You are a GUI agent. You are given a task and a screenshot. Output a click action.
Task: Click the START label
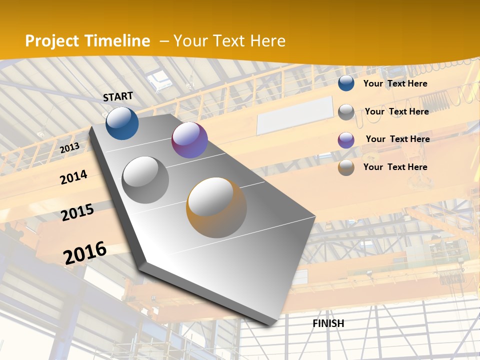pyautogui.click(x=118, y=96)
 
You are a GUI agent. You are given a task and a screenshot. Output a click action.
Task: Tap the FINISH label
pyautogui.click(x=328, y=323)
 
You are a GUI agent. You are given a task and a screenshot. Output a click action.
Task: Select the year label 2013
pyautogui.click(x=69, y=147)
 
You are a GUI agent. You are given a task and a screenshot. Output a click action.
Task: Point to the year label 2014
pyautogui.click(x=73, y=177)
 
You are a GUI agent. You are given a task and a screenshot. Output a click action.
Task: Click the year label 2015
pyautogui.click(x=77, y=212)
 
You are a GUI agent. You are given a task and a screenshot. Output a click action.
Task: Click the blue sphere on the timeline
pyautogui.click(x=122, y=123)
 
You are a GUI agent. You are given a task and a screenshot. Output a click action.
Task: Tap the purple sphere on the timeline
pyautogui.click(x=189, y=140)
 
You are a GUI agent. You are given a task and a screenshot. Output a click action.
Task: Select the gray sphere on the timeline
pyautogui.click(x=145, y=180)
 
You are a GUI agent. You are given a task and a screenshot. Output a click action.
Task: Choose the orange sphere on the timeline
pyautogui.click(x=216, y=207)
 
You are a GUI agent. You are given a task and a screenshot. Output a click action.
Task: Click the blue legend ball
pyautogui.click(x=346, y=83)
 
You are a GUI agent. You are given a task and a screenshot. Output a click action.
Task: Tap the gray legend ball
pyautogui.click(x=346, y=112)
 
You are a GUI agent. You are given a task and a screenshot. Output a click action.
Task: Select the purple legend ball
pyautogui.click(x=346, y=140)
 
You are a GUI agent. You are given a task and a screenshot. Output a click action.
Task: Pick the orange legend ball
pyautogui.click(x=346, y=167)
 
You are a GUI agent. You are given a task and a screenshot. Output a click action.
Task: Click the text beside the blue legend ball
pyautogui.click(x=395, y=83)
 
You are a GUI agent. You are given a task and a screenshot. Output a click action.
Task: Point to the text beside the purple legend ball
pyautogui.click(x=397, y=139)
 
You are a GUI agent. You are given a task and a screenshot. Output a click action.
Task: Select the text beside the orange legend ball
pyautogui.click(x=395, y=167)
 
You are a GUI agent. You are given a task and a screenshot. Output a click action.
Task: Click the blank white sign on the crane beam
pyautogui.click(x=295, y=115)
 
